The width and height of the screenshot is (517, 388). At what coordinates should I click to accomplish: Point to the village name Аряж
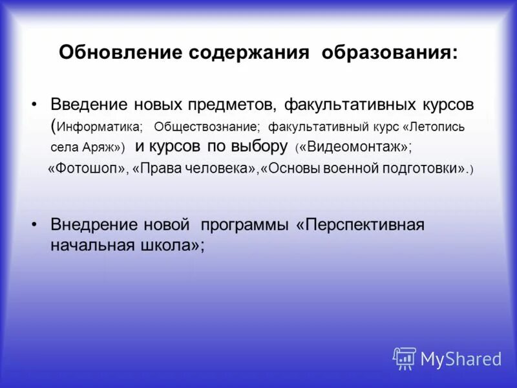(101, 147)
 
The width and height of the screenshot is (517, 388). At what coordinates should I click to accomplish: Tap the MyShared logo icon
(405, 358)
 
